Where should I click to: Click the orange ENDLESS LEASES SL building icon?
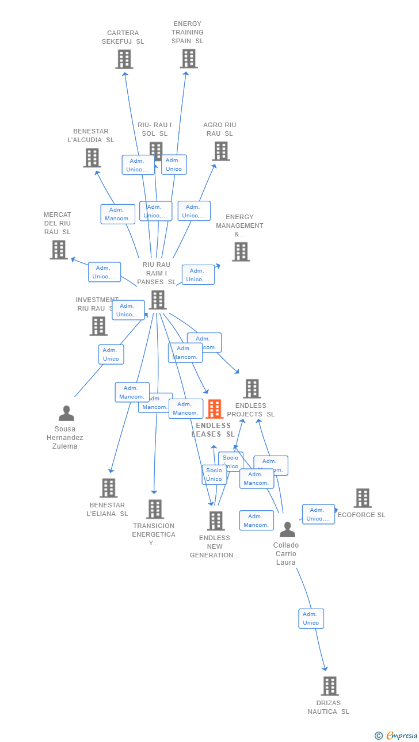tap(214, 409)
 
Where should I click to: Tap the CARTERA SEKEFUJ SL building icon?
tap(124, 59)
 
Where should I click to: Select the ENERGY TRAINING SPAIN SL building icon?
tap(189, 59)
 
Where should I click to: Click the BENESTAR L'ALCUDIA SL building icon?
tap(92, 158)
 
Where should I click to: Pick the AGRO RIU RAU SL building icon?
tap(221, 151)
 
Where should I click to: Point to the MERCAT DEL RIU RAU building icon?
tap(59, 250)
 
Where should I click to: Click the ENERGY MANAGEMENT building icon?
tap(241, 251)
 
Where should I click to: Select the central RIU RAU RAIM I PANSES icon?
tap(158, 300)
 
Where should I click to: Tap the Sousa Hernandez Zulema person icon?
tap(66, 413)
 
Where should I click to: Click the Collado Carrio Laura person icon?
tap(287, 529)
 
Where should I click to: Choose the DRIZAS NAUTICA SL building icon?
tap(330, 686)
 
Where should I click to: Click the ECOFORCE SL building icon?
tap(363, 498)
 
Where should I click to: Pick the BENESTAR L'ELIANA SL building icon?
tap(108, 488)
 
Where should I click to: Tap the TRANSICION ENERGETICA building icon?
tap(155, 509)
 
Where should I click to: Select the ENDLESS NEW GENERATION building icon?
tap(216, 521)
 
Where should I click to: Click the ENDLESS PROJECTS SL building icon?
tap(252, 389)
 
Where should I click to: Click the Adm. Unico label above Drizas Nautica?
tap(311, 618)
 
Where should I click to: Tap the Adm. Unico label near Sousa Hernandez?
tap(111, 354)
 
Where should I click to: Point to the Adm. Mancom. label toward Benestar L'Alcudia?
tap(117, 214)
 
